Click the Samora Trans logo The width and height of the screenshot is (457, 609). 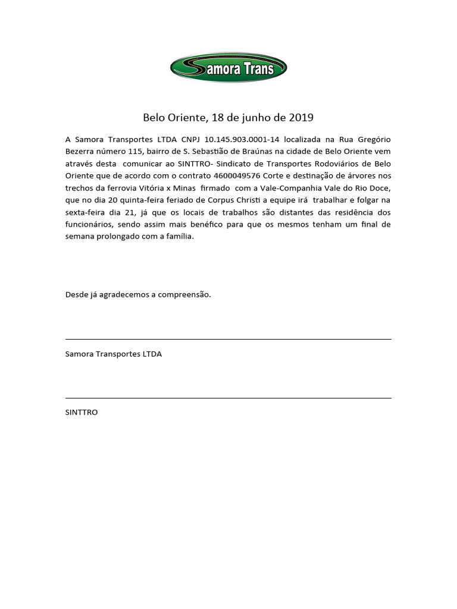(228, 67)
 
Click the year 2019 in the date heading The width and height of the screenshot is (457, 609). (301, 117)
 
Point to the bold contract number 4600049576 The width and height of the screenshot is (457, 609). (237, 176)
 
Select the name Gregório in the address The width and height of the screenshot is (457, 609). (374, 139)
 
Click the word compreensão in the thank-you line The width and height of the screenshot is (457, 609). (184, 294)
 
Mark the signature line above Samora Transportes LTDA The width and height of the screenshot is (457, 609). (228, 339)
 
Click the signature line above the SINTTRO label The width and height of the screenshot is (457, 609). (228, 398)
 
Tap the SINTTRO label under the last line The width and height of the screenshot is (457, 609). (82, 412)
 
